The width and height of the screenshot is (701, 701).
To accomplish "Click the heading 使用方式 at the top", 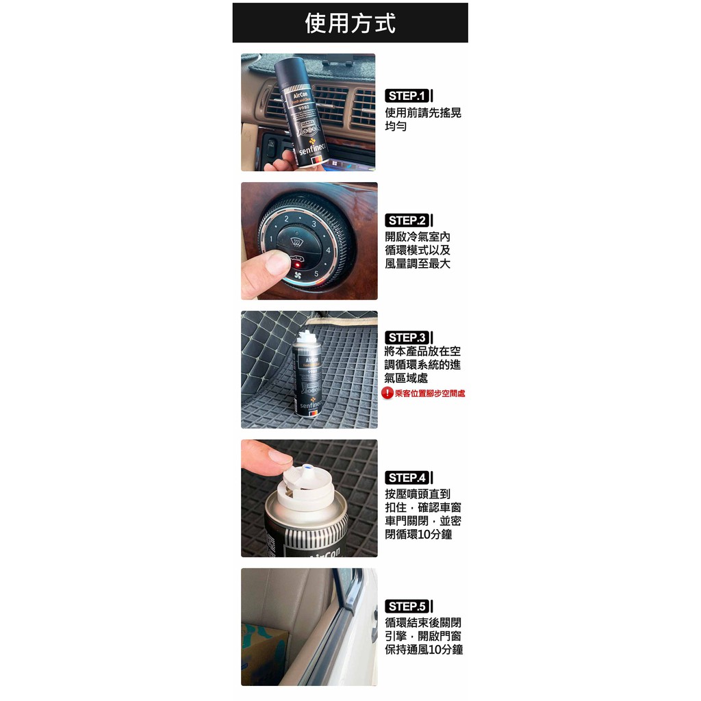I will [350, 23].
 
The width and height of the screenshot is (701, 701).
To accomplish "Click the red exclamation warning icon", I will [387, 393].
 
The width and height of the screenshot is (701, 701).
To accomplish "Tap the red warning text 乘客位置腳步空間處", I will [430, 394].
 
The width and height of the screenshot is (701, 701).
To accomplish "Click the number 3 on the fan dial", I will [314, 224].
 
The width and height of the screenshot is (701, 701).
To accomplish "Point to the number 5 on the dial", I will [316, 275].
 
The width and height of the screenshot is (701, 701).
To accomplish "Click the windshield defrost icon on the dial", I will [296, 241].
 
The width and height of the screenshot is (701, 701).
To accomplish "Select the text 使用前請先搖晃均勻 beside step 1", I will [422, 120].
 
